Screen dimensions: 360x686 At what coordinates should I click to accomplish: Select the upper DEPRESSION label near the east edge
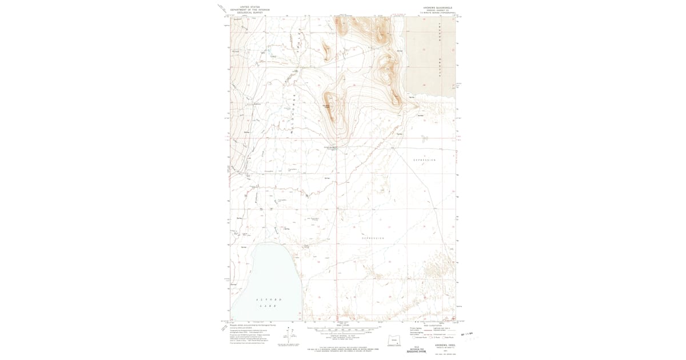coord(424,160)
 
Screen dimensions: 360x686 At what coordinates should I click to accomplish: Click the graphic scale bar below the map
coord(343,330)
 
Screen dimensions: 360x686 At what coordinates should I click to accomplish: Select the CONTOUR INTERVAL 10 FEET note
coord(343,337)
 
